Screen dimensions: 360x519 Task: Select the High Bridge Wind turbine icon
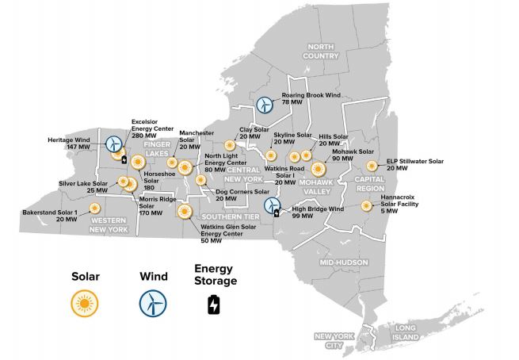click(x=273, y=206)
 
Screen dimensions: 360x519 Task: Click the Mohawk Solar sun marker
click(x=319, y=168)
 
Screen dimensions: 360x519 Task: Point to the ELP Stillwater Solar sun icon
click(x=372, y=167)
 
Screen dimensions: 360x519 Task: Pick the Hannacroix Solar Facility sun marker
click(x=366, y=206)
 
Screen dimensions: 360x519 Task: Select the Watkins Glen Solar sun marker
click(x=185, y=212)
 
